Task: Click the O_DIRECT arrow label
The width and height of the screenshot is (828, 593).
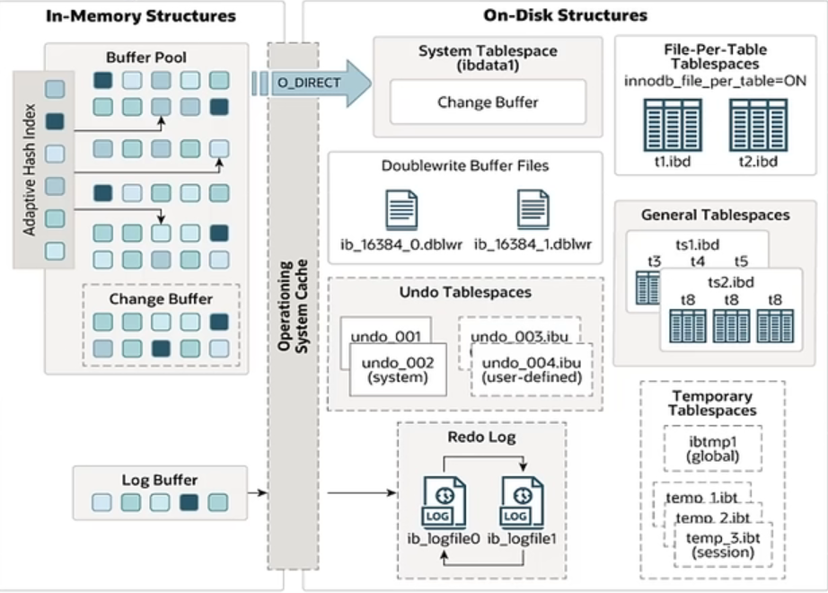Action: (x=309, y=84)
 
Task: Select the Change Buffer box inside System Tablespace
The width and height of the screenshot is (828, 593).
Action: (x=488, y=102)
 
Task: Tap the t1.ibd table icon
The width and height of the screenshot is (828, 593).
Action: (x=665, y=125)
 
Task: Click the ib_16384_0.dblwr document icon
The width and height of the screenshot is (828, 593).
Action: (x=401, y=208)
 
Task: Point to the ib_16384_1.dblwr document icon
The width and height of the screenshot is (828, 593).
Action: (x=533, y=208)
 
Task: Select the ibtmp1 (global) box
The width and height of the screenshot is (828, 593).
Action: (x=711, y=447)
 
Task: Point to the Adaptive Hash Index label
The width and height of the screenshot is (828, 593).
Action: (x=30, y=171)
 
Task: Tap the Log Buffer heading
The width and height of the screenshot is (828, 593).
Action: (x=159, y=480)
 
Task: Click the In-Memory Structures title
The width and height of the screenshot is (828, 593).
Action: (x=141, y=15)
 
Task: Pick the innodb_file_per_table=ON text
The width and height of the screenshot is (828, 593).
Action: (x=715, y=82)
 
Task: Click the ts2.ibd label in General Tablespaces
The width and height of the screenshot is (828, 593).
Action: (x=730, y=282)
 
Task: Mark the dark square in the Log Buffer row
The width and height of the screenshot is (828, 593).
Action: (x=188, y=502)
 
